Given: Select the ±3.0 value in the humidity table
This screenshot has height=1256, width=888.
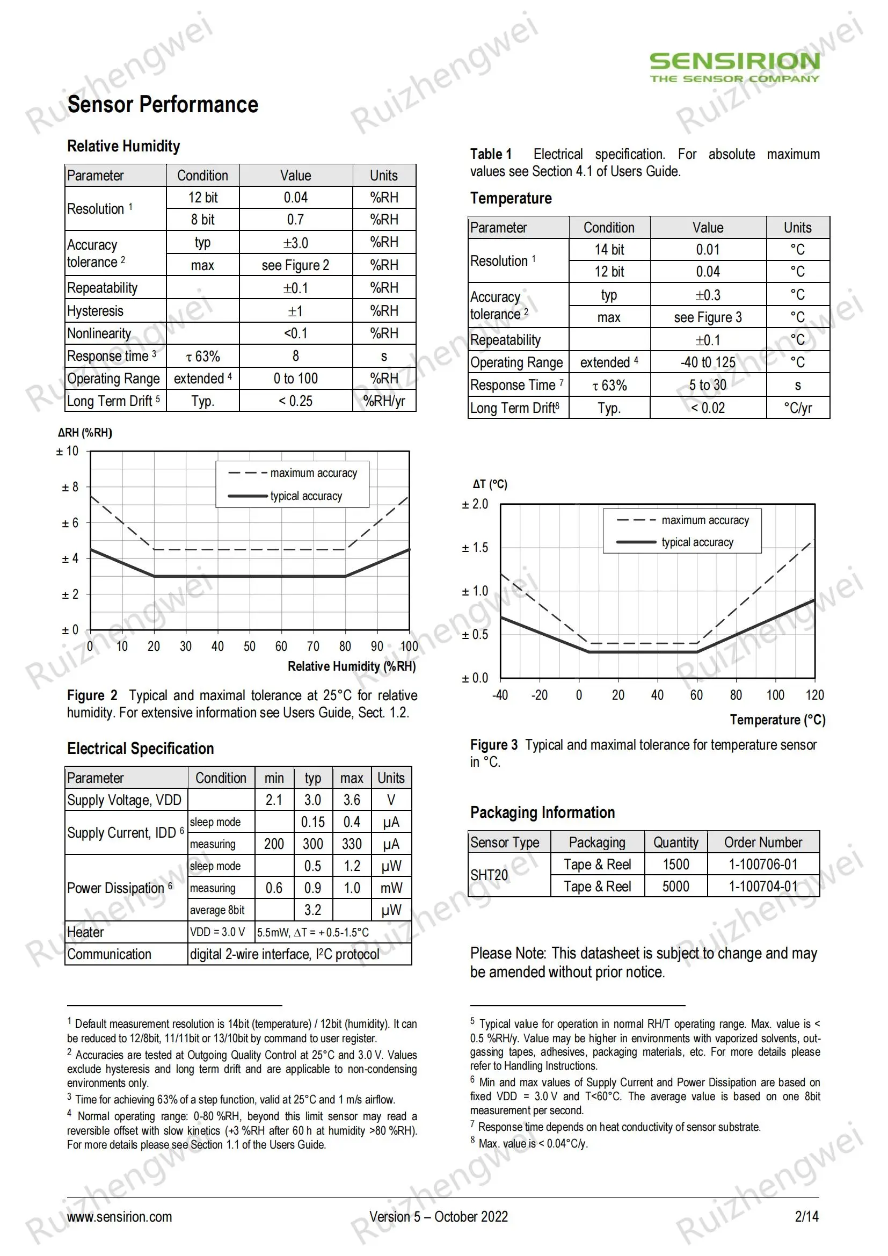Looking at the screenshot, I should coord(295,242).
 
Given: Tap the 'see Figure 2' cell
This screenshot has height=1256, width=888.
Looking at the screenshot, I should coord(295,265).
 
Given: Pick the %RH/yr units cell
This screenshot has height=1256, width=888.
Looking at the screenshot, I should coord(384,401).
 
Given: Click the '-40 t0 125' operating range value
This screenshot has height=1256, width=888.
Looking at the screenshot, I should coord(708,362).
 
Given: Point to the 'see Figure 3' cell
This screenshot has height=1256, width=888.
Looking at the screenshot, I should coord(708,317).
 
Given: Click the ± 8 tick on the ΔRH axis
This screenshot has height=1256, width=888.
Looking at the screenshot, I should coord(70,487).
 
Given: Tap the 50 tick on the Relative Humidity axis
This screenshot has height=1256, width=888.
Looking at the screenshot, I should coord(249,647).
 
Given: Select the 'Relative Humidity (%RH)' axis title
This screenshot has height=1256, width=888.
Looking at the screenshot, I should coord(352,666).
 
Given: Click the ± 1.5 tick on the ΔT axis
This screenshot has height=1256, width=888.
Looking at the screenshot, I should coord(475,548).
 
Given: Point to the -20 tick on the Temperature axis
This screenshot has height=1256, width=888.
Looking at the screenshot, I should coord(539,695).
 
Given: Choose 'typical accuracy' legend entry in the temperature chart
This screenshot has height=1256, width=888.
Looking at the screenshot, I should coord(697,542).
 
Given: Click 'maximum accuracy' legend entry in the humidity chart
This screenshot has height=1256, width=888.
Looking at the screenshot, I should coord(314,473).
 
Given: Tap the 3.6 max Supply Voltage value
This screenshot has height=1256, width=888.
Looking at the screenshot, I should coord(352,800).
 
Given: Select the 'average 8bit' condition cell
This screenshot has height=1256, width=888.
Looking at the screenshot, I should coord(217,910).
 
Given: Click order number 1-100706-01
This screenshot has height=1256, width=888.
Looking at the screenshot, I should coord(763,865).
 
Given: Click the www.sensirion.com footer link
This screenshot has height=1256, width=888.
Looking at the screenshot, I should coord(119,1217).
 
